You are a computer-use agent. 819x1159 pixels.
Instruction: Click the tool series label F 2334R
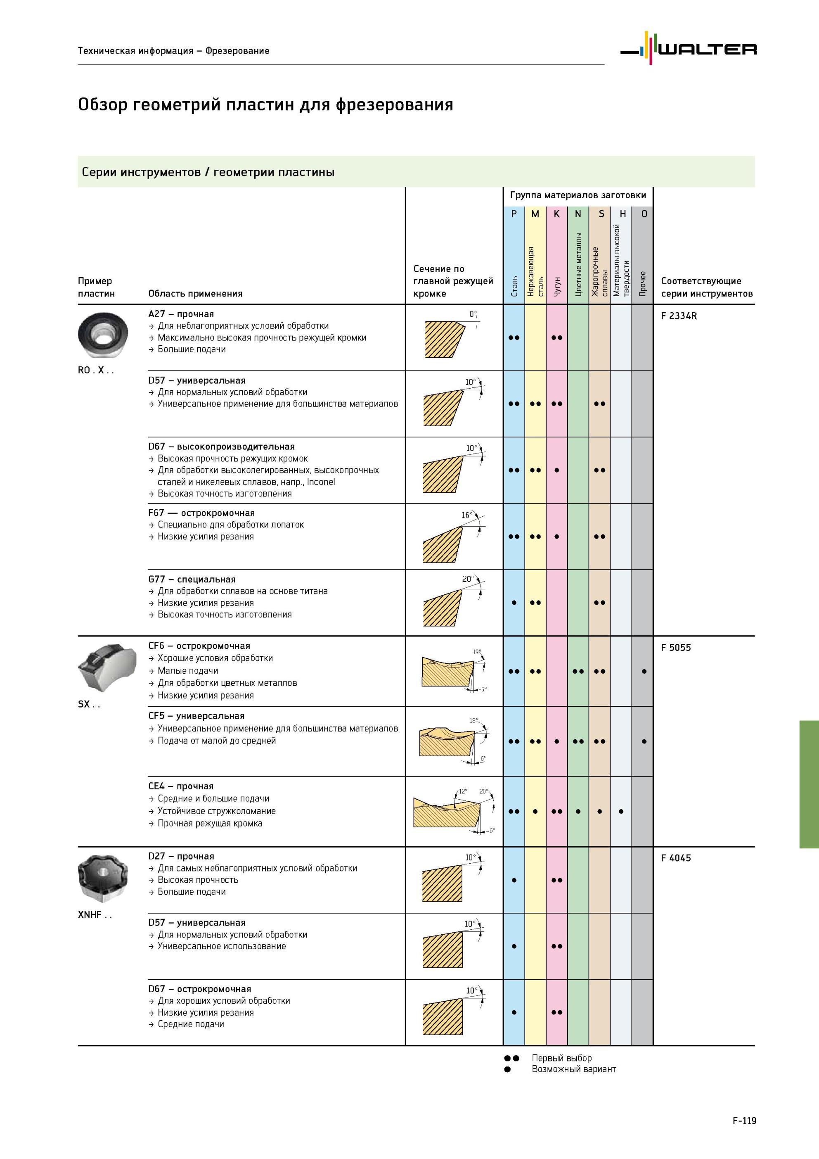click(x=679, y=316)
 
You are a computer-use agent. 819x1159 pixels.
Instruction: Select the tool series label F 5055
click(x=676, y=648)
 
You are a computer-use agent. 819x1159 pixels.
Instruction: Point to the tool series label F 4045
click(x=676, y=857)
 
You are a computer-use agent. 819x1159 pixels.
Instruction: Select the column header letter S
click(x=601, y=214)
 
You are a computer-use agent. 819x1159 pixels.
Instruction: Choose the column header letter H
click(x=622, y=214)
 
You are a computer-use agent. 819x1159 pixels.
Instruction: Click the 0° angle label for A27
click(x=472, y=314)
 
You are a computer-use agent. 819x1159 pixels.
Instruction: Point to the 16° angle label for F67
click(x=467, y=515)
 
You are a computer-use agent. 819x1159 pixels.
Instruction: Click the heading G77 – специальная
click(x=192, y=579)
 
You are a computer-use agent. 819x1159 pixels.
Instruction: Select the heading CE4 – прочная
click(x=181, y=786)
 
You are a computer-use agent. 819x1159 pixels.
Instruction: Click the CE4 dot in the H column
click(x=621, y=812)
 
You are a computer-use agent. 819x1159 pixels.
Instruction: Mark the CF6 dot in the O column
click(x=644, y=671)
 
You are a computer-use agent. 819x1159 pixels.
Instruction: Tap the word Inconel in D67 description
click(x=321, y=482)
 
